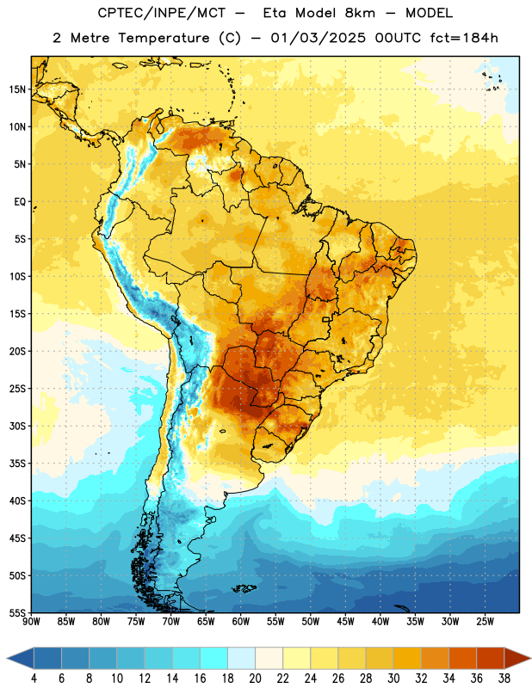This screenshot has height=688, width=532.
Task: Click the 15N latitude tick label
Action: (x=17, y=89)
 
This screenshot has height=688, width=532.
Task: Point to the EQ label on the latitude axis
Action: (x=20, y=202)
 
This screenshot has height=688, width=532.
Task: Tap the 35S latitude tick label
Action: (x=17, y=464)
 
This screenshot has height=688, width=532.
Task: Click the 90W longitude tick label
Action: (x=31, y=622)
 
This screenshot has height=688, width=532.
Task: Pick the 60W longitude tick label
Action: (x=241, y=622)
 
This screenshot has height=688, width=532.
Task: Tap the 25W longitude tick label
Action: (x=485, y=622)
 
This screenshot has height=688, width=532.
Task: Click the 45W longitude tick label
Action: (x=345, y=622)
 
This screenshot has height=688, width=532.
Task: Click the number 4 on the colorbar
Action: (x=34, y=679)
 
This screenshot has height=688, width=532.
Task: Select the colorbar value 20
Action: (x=255, y=679)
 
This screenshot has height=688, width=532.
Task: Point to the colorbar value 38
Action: (x=504, y=679)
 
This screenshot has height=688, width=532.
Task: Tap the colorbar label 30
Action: (x=393, y=679)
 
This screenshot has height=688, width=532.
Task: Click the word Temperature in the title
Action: (x=164, y=38)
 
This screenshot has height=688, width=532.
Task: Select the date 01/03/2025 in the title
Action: (x=318, y=38)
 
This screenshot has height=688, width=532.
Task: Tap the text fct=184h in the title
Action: (x=464, y=38)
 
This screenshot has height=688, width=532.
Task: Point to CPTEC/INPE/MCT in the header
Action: (x=161, y=13)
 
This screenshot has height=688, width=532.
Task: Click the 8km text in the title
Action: (x=360, y=13)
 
